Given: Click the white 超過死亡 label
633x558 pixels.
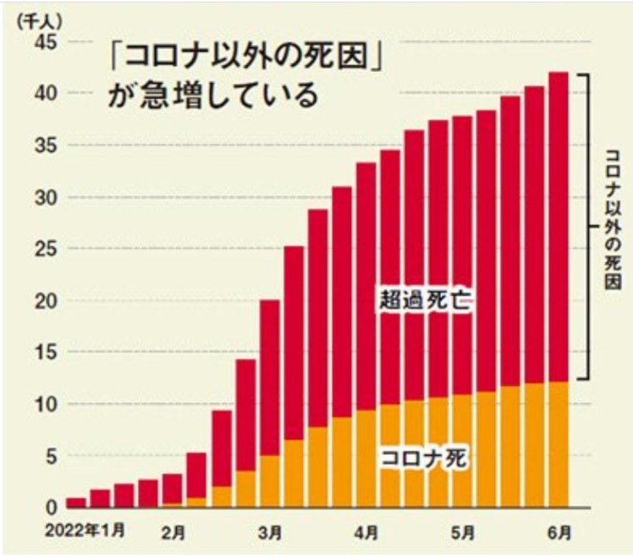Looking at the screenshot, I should (425, 300).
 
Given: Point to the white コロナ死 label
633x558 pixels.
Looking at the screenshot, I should (425, 457).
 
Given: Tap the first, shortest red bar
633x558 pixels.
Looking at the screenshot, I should (76, 502).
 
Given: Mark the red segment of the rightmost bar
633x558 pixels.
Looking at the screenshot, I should (558, 225).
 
